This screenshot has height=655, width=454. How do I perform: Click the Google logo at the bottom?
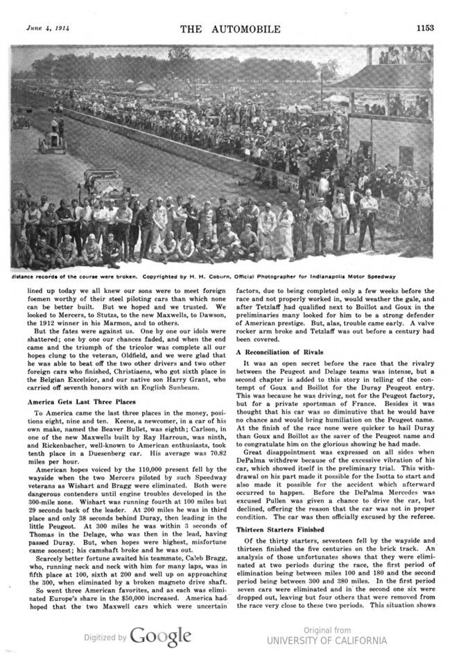[x=160, y=636]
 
